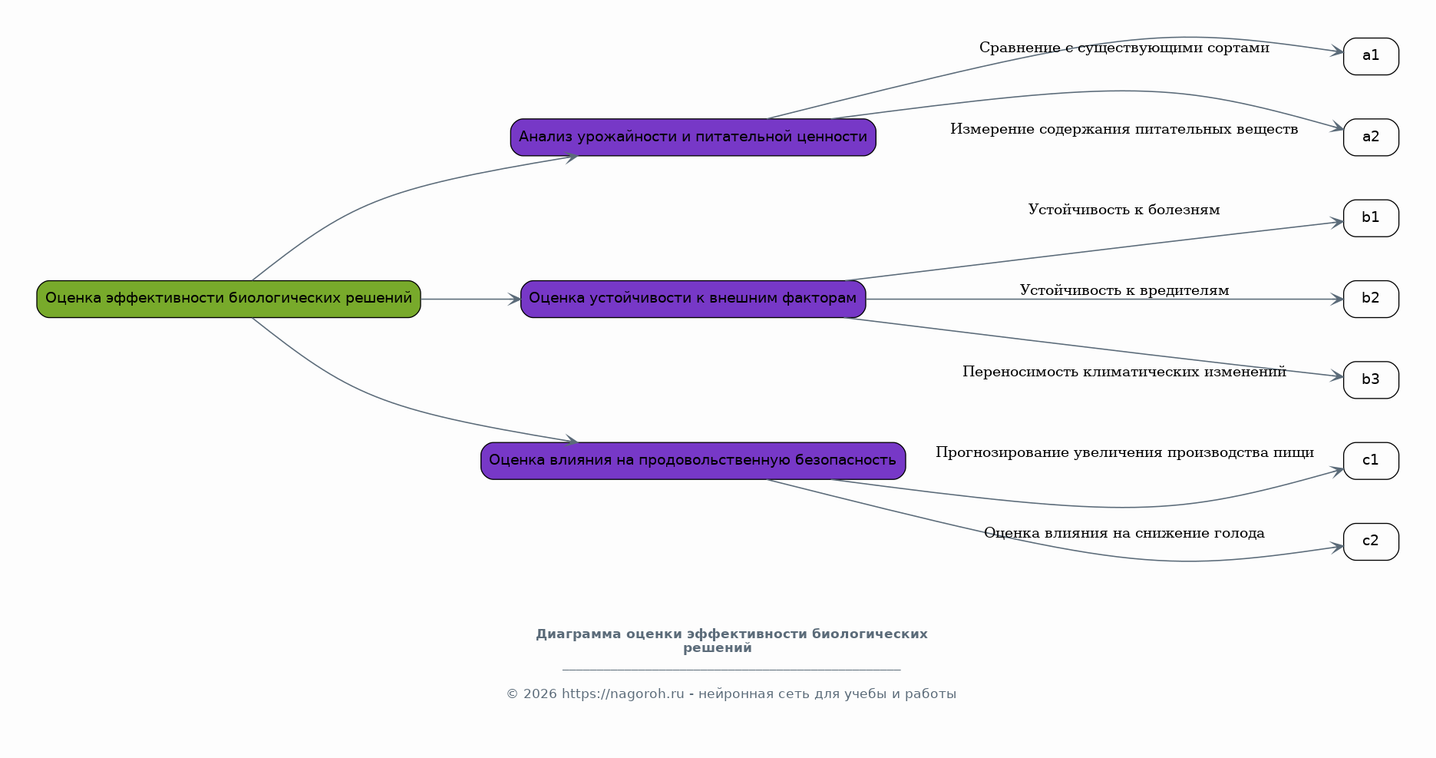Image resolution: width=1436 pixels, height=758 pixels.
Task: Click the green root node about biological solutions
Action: pos(229,299)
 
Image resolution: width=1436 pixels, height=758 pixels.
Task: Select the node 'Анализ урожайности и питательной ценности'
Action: pos(693,137)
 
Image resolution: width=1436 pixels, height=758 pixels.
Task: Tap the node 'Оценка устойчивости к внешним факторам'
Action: pos(693,299)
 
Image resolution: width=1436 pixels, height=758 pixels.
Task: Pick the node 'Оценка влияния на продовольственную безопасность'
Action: pos(693,461)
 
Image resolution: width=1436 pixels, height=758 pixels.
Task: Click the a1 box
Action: pos(1371,56)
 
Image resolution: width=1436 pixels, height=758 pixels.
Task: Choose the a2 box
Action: pos(1371,137)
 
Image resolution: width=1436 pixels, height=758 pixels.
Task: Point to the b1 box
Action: pos(1371,218)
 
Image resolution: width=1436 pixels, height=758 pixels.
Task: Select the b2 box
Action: pos(1371,299)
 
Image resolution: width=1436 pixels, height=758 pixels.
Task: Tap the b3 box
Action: pos(1371,380)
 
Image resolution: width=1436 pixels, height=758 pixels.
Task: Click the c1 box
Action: pos(1371,461)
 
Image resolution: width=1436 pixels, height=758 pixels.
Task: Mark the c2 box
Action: pos(1371,541)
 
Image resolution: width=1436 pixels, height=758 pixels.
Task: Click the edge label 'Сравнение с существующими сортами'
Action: pos(1124,48)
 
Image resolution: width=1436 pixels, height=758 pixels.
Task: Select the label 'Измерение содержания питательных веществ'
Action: pos(1124,129)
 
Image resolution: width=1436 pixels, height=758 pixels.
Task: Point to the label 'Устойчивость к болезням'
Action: pos(1124,210)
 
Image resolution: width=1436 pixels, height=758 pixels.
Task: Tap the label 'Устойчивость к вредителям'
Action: pos(1124,290)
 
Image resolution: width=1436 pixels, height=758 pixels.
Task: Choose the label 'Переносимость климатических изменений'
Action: pos(1124,372)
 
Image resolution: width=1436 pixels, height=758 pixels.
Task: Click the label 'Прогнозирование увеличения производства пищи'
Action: pos(1124,452)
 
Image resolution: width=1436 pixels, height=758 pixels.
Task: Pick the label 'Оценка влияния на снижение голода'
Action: pos(1124,533)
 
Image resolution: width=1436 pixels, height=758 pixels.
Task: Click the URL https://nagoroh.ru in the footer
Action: pos(622,694)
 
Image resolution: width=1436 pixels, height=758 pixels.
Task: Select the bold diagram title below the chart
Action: pos(731,640)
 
